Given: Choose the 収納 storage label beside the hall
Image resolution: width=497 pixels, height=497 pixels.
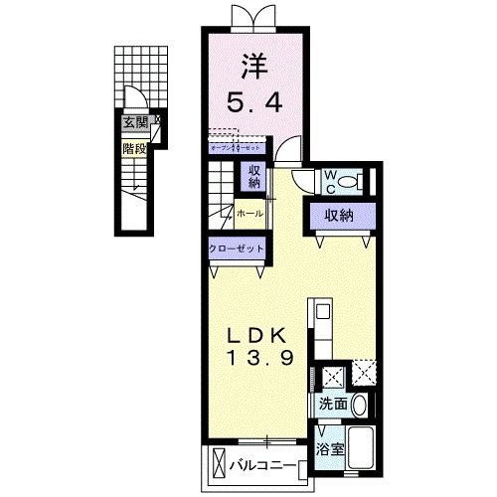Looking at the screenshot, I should (254, 177).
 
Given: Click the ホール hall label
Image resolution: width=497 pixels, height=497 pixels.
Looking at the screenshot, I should (248, 212).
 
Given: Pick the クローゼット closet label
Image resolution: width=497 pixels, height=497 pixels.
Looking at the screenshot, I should (237, 248).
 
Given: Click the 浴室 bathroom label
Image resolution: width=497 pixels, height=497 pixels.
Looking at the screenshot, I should (331, 448).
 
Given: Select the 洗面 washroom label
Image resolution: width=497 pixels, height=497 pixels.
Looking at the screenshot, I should (332, 405).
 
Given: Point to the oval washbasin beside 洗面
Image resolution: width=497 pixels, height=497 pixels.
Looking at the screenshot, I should (360, 406).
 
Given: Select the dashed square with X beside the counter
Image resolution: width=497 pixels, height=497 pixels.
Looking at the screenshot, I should (365, 375).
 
